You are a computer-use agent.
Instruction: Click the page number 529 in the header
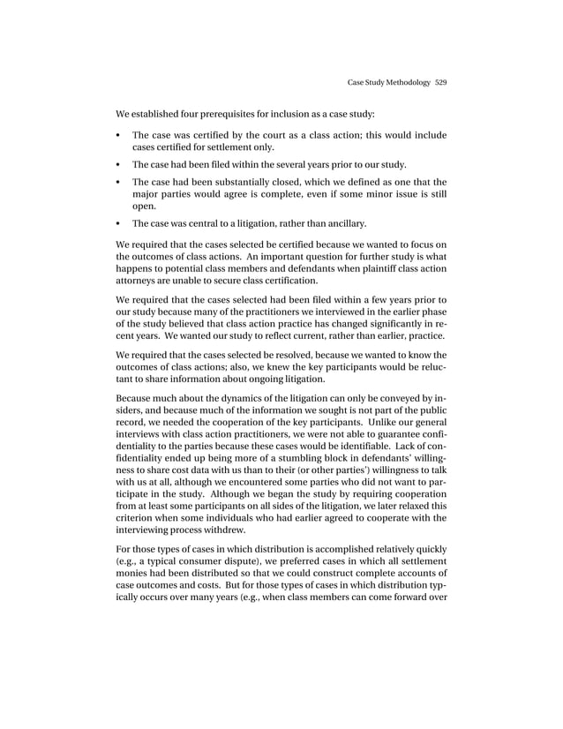pyautogui.click(x=440, y=83)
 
